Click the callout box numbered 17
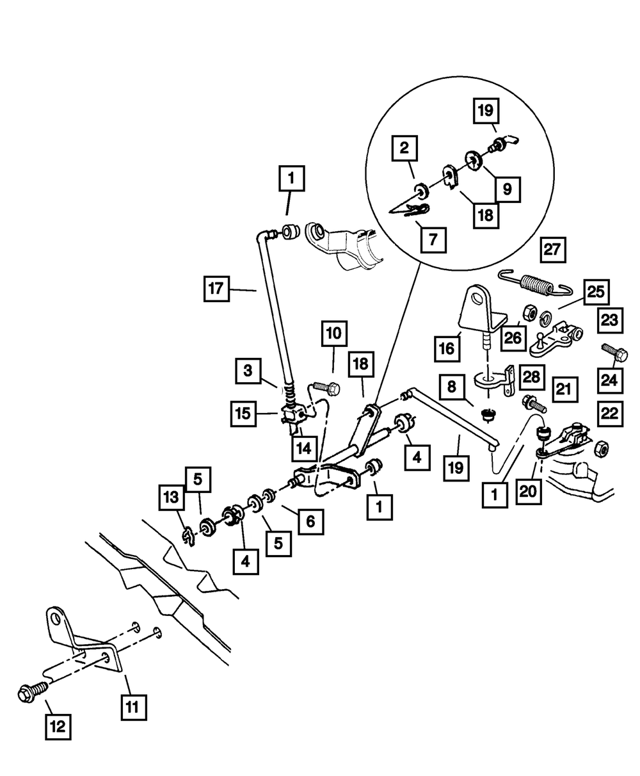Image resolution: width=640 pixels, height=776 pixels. coord(216,288)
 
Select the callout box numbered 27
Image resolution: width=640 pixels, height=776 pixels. coord(554,250)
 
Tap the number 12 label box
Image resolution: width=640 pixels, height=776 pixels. coord(58,727)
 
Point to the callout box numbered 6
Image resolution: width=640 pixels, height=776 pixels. coord(310,522)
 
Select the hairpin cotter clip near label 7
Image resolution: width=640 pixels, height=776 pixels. coord(410,210)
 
